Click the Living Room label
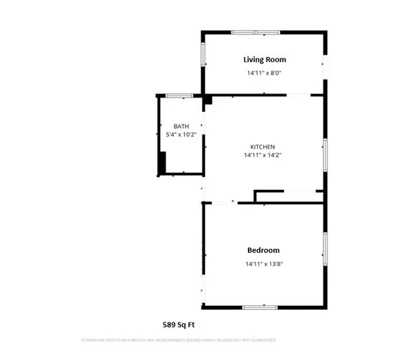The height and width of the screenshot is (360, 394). pos(264,59)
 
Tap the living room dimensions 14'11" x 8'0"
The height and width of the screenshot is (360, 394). pos(264,73)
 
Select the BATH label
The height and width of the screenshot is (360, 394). pos(181,126)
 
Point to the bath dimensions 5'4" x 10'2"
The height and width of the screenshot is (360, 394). pos(181,135)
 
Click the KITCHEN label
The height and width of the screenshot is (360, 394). pos(262,146)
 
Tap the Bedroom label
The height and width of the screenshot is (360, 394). pos(263,250)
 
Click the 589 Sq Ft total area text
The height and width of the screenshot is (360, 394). pos(179,325)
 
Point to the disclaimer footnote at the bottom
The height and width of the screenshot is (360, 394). pos(178,340)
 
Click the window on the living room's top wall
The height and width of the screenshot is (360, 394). pos(255,32)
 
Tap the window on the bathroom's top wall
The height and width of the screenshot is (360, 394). pos(179,96)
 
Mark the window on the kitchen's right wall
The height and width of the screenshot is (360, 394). pos(324,155)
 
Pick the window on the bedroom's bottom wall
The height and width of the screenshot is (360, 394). pos(259,307)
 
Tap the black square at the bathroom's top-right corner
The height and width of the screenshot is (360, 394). pos(207,99)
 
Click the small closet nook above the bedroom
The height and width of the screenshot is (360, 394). pos(288,196)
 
